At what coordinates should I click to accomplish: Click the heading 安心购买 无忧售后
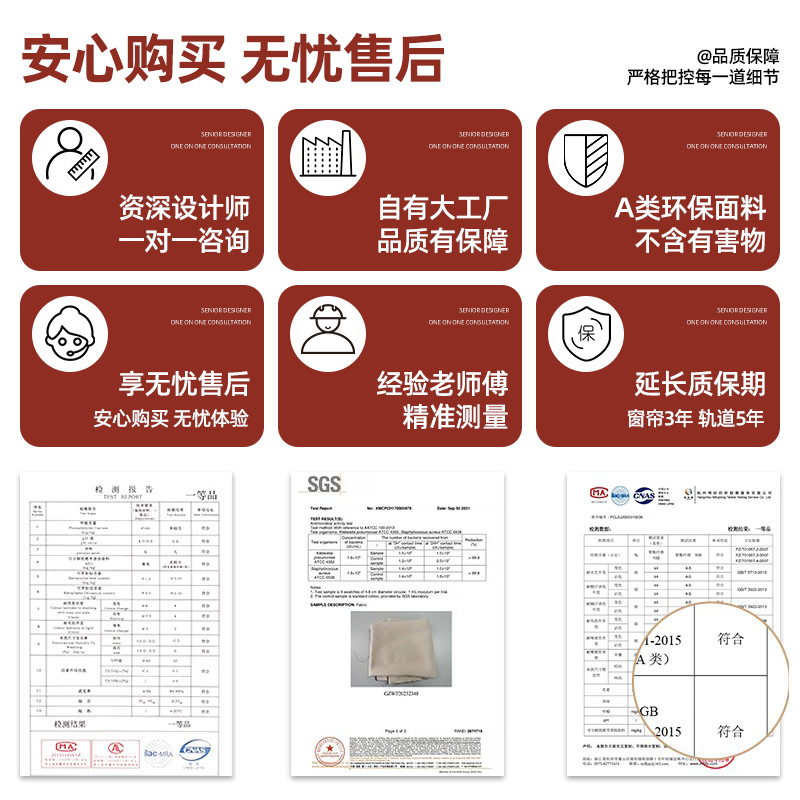point(232,59)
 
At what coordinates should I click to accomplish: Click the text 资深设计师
point(184,208)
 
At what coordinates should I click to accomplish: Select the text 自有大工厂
point(442,208)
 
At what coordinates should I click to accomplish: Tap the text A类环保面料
point(690,208)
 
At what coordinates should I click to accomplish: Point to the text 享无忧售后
point(184,383)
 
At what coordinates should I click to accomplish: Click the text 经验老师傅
point(442,383)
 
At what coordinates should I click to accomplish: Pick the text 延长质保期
point(700,383)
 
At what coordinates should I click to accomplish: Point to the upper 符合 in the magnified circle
point(731,639)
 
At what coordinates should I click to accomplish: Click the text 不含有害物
point(700,241)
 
